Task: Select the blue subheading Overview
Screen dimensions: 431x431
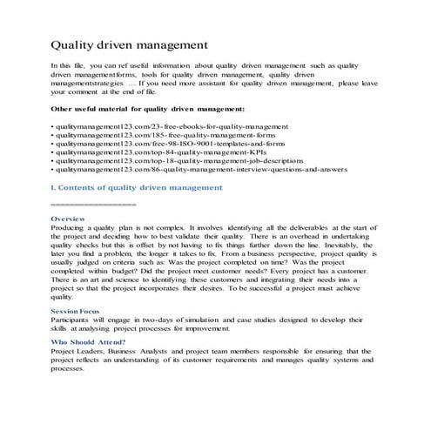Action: point(68,218)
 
